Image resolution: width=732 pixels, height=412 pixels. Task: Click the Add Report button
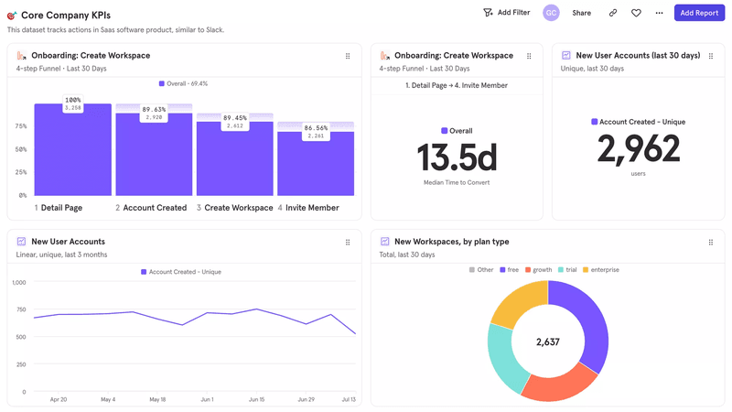point(699,13)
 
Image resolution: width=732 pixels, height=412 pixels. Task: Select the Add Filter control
point(506,13)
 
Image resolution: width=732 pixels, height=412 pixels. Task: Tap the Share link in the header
point(581,13)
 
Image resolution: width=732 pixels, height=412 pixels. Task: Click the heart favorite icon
point(636,13)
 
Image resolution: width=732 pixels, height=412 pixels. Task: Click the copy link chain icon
point(612,13)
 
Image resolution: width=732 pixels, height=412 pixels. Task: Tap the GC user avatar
point(551,13)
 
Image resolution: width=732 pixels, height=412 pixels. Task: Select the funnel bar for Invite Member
point(316,165)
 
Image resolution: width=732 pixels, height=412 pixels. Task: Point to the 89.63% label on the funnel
point(154,110)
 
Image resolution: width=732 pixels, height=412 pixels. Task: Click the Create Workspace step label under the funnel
point(239,208)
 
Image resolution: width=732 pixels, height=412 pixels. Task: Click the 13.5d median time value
point(457,157)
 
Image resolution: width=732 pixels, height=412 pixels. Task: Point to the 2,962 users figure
point(639,149)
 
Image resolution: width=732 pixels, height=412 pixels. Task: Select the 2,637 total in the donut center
point(547,342)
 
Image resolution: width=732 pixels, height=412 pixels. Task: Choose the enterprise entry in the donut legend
point(604,270)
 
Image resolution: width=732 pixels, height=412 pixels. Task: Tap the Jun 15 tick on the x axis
point(256,400)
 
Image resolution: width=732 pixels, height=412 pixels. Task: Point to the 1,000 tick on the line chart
point(18,283)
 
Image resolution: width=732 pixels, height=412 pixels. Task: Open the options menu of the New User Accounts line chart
point(348,243)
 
